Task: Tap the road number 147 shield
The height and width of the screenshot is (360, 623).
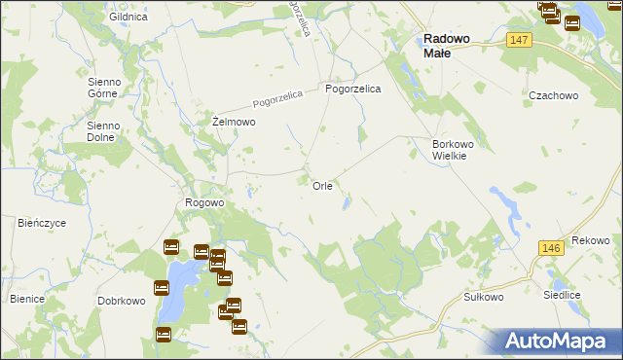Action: (518, 39)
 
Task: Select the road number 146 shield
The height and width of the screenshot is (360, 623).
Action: (550, 249)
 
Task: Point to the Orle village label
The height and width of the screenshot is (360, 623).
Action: (323, 185)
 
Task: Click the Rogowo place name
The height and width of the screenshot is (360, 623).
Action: (204, 203)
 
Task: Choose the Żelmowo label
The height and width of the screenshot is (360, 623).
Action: (234, 123)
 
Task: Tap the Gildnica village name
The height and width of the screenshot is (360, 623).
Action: (128, 18)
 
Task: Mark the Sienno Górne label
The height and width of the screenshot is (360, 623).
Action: (103, 88)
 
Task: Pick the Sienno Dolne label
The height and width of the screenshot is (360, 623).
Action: (102, 131)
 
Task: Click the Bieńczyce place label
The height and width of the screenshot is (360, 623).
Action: (42, 223)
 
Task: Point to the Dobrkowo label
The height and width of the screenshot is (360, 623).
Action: (122, 302)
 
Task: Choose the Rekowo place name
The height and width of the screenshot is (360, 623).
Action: (590, 240)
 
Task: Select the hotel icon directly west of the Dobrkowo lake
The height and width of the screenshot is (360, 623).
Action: (161, 288)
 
